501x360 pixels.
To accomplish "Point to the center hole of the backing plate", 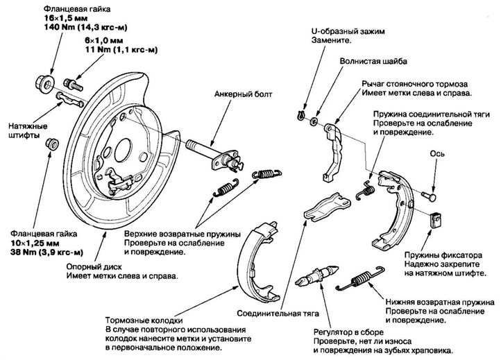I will point(123,148).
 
